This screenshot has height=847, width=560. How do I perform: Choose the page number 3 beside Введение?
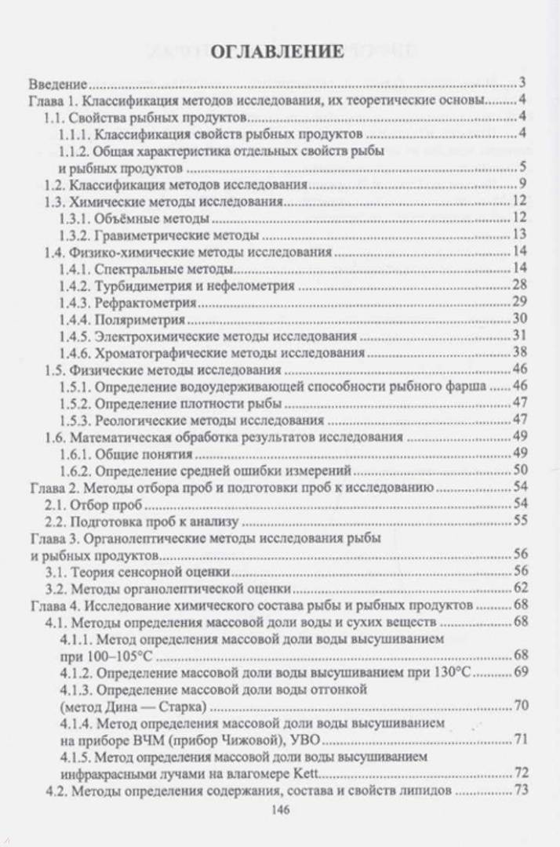tap(522, 82)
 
